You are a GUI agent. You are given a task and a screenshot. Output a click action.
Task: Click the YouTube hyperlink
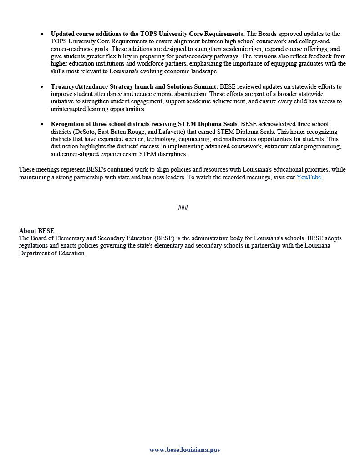tap(309, 177)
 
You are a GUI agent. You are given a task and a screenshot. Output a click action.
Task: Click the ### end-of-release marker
tap(183, 208)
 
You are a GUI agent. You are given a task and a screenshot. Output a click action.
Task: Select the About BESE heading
tap(36, 231)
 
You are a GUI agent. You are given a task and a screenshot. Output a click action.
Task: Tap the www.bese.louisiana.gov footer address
tap(185, 450)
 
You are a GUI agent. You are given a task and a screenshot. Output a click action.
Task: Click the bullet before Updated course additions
tap(42, 34)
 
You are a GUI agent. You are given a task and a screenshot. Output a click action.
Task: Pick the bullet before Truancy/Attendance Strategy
tap(42, 86)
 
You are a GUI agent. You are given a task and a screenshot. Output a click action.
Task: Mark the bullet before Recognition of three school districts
tap(42, 124)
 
